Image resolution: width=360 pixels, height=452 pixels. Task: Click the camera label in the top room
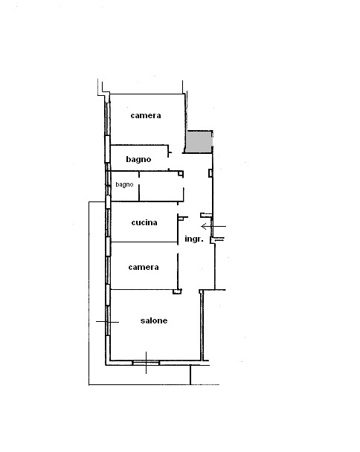pyautogui.click(x=146, y=115)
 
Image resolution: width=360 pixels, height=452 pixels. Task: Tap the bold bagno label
pyautogui.click(x=138, y=159)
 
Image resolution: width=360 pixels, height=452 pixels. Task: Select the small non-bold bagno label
pyautogui.click(x=124, y=184)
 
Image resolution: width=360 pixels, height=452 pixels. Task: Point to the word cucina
pyautogui.click(x=144, y=222)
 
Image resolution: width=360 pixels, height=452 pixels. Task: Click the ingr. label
pyautogui.click(x=194, y=239)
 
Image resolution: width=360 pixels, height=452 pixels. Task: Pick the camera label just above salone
pyautogui.click(x=144, y=267)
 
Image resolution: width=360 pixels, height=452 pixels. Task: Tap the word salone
pyautogui.click(x=154, y=320)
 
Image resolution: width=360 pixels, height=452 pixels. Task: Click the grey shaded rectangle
pyautogui.click(x=199, y=142)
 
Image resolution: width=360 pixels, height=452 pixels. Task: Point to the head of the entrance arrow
pyautogui.click(x=202, y=227)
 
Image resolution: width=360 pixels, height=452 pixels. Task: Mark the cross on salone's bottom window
pyautogui.click(x=146, y=363)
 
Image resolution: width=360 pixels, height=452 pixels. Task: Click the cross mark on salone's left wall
pyautogui.click(x=108, y=322)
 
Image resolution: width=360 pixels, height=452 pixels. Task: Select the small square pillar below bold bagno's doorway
pyautogui.click(x=181, y=173)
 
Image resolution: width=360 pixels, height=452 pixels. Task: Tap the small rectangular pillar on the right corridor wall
pyautogui.click(x=210, y=173)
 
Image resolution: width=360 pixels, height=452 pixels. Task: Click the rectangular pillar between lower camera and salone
pyautogui.click(x=177, y=291)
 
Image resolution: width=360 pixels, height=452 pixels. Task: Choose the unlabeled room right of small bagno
pyautogui.click(x=161, y=186)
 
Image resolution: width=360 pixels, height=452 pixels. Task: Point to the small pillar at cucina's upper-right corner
pyautogui.click(x=181, y=219)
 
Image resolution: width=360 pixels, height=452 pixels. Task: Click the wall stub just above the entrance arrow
pyautogui.click(x=206, y=215)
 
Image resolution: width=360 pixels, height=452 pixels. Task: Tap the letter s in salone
pyautogui.click(x=143, y=321)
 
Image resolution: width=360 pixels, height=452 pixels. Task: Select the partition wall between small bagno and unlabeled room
pyautogui.click(x=139, y=186)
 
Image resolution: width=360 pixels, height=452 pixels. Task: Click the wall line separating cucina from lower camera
pyautogui.click(x=144, y=242)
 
